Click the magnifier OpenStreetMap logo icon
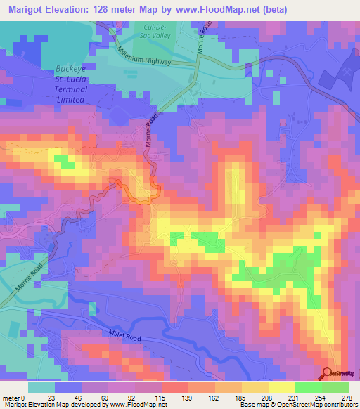click(x=328, y=374)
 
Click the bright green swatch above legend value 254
click(x=309, y=387)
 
